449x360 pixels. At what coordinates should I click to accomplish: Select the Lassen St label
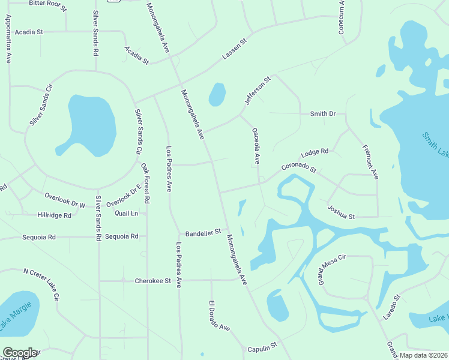pos(235,50)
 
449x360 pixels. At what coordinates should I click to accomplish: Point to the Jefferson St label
pos(258,91)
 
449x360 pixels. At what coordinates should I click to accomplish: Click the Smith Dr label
pos(322,113)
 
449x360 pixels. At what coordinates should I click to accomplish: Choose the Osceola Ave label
pos(256,146)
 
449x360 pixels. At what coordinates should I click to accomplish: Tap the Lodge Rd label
pos(315,152)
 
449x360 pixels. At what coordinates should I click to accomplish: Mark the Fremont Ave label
pos(370,162)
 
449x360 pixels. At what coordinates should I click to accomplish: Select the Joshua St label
pos(342,212)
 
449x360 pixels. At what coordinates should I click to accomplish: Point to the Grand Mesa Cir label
pos(333,269)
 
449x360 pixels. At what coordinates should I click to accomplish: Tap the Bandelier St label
pos(203,231)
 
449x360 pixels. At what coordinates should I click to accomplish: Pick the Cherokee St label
pos(153,280)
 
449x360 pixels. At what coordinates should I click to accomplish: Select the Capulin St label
pos(262,346)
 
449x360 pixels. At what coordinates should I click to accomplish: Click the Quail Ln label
pos(126,213)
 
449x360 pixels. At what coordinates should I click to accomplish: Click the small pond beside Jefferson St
pos(217,94)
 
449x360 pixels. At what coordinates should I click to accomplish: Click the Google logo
pos(19,353)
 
